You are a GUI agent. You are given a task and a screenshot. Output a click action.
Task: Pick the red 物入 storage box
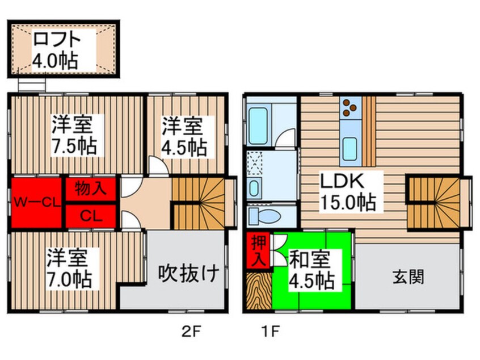tap(91, 189)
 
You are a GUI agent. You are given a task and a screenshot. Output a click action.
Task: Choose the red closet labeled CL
tap(91, 215)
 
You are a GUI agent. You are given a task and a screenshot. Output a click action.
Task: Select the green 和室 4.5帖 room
tap(312, 270)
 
